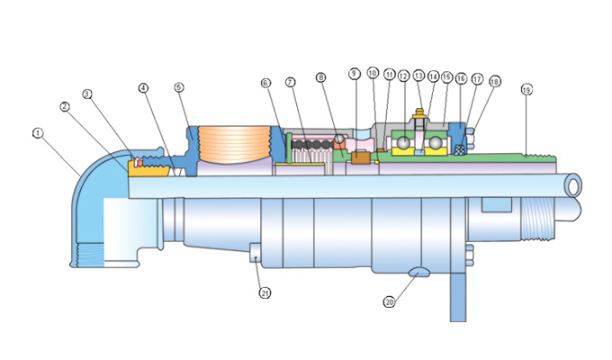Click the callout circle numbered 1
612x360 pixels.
coord(38,134)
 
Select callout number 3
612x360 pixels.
coord(87,94)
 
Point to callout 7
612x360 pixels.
coord(291,83)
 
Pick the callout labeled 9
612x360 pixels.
coord(355,73)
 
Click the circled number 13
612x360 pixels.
coord(418,77)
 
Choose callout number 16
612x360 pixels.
coord(461,79)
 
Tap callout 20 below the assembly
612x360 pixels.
coord(389,302)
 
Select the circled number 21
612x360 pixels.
coord(264,292)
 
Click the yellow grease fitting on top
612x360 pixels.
coord(418,117)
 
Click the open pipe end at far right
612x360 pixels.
coord(571,185)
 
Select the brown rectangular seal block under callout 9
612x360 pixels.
coord(362,158)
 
